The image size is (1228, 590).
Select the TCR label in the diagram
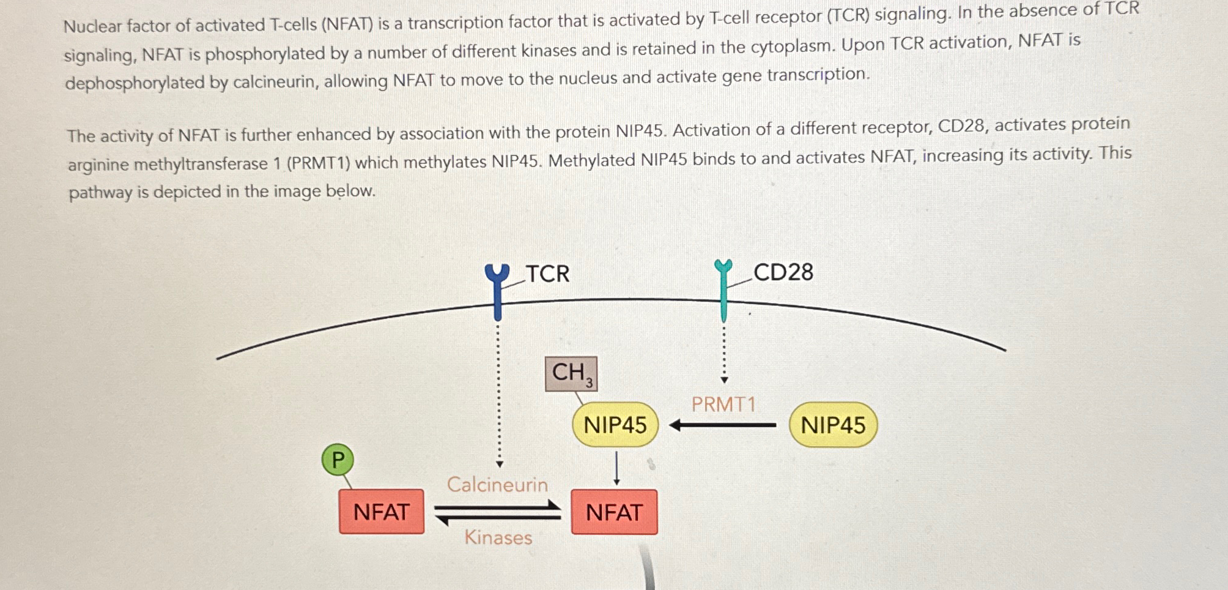[547, 274]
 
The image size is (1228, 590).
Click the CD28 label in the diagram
[783, 272]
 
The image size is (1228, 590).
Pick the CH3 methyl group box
[571, 373]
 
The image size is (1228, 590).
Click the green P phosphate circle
[338, 460]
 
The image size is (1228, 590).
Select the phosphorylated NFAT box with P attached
[382, 512]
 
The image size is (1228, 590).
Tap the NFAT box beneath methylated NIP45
[614, 512]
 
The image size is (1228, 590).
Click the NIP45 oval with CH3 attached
[615, 425]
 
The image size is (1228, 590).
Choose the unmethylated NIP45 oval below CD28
[833, 425]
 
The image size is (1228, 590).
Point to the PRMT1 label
[723, 404]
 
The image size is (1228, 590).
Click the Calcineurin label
[497, 485]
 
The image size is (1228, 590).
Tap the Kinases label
[498, 537]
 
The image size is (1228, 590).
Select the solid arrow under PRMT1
[723, 425]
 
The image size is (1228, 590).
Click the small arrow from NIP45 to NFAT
[616, 468]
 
